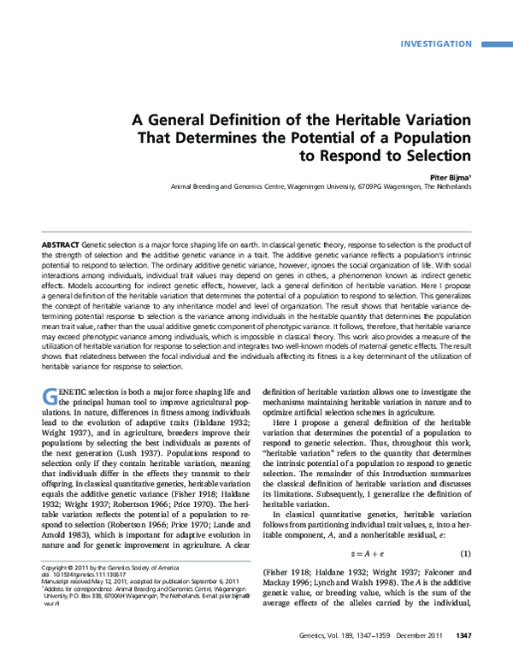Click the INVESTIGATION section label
436,44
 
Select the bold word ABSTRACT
61,246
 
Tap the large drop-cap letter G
50,398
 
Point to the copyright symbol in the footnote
45,592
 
